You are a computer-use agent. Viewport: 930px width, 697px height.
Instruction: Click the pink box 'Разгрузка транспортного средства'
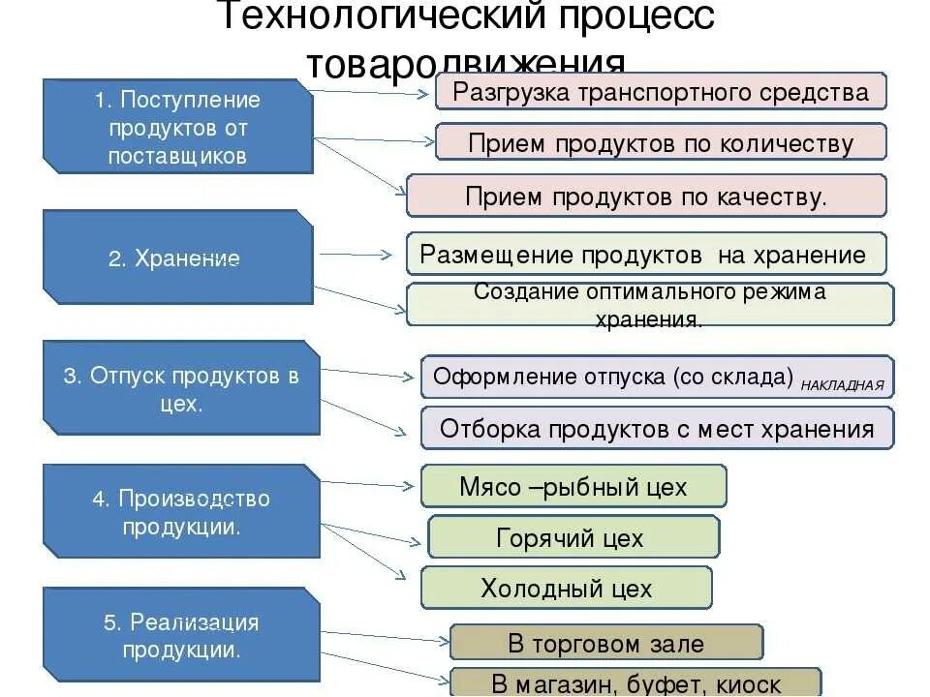pos(661,92)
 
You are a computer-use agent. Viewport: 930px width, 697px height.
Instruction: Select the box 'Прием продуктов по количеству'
pos(661,142)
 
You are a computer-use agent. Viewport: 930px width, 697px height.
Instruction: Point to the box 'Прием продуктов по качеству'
pos(646,197)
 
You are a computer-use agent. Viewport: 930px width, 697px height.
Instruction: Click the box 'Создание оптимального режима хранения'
pos(650,305)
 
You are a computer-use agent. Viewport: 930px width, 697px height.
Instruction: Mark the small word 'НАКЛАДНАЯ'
pos(842,384)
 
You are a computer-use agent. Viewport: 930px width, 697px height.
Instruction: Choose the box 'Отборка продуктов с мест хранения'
pos(657,428)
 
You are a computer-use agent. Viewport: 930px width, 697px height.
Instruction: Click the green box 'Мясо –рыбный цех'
pos(573,486)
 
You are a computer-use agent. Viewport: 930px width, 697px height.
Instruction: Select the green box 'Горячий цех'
pos(573,537)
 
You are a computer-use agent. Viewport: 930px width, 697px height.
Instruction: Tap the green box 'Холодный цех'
pos(567,588)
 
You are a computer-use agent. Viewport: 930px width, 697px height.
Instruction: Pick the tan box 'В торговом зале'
pos(605,643)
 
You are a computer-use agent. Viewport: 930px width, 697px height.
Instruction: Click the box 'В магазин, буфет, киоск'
pos(635,682)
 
